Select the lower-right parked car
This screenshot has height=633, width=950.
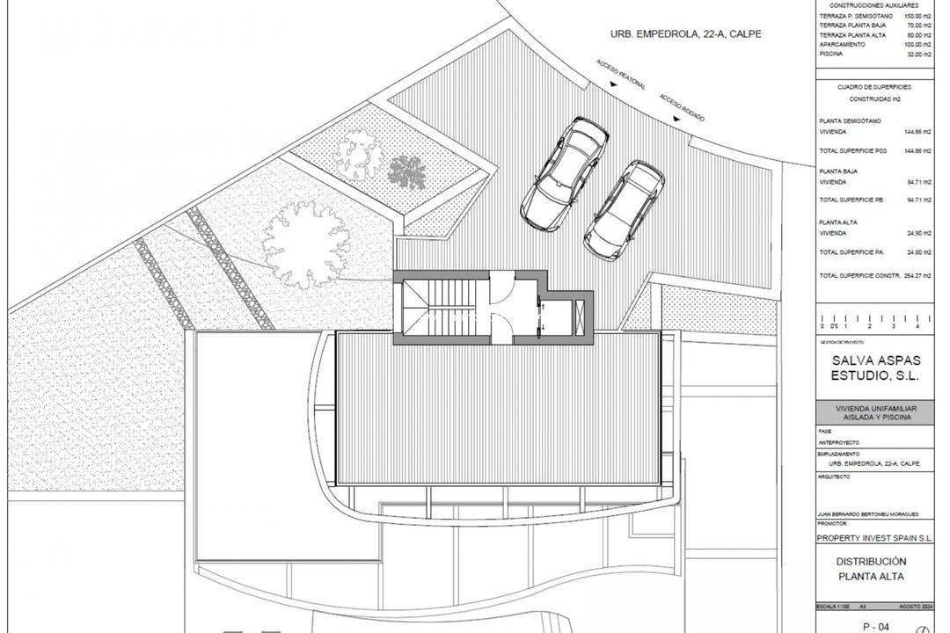(x=624, y=210)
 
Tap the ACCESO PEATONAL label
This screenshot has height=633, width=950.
(x=621, y=75)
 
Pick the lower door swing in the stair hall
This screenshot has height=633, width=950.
(x=501, y=330)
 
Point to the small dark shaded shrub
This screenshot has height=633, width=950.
(x=406, y=171)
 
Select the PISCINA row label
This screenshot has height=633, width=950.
(x=831, y=54)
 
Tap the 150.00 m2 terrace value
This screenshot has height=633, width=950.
(x=913, y=17)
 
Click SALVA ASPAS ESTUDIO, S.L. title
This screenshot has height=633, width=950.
(x=874, y=367)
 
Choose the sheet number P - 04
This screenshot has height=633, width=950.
(x=874, y=626)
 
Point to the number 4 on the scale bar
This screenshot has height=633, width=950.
(x=917, y=326)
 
